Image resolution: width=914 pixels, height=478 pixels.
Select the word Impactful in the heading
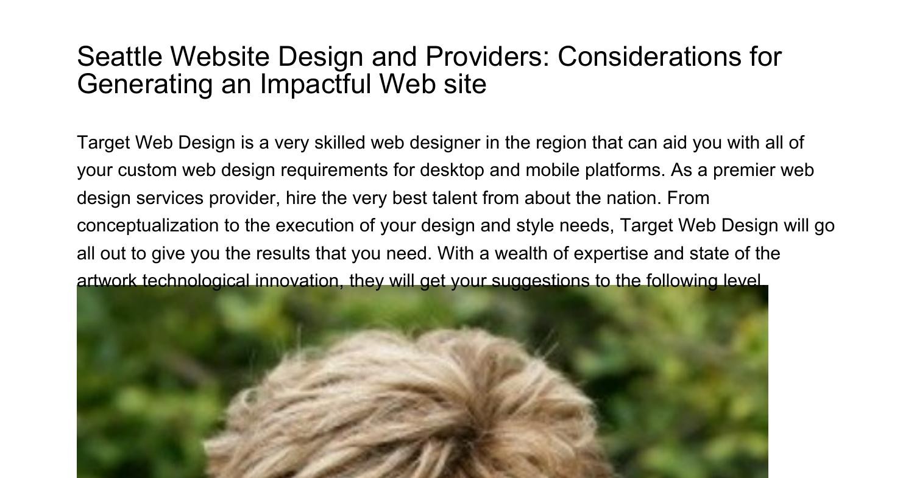click(316, 84)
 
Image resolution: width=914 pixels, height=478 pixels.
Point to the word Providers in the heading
click(488, 57)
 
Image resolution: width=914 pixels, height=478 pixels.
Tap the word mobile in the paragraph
click(553, 170)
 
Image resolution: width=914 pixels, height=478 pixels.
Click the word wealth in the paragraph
click(539, 253)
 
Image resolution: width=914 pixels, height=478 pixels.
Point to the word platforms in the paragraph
click(625, 170)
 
